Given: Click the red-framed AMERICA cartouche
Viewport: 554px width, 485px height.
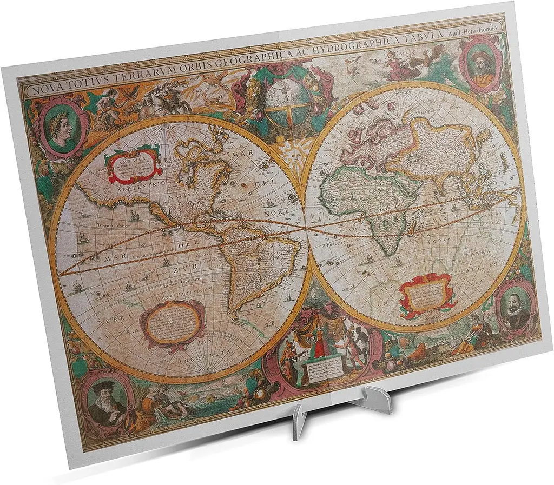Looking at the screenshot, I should (133, 163).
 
